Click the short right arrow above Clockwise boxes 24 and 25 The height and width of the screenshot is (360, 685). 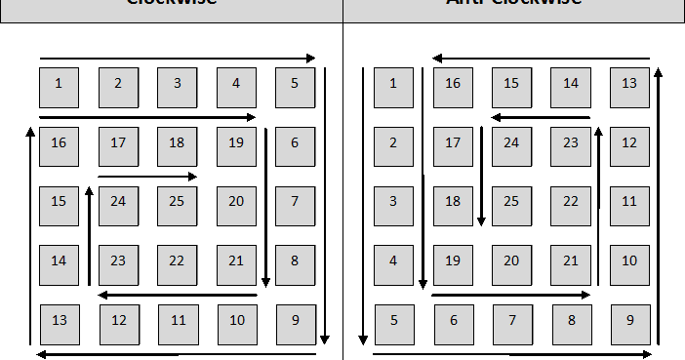pos(147,177)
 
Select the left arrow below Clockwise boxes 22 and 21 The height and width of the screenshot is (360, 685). pos(178,294)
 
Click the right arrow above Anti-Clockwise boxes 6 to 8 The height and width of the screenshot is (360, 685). pos(510,294)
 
